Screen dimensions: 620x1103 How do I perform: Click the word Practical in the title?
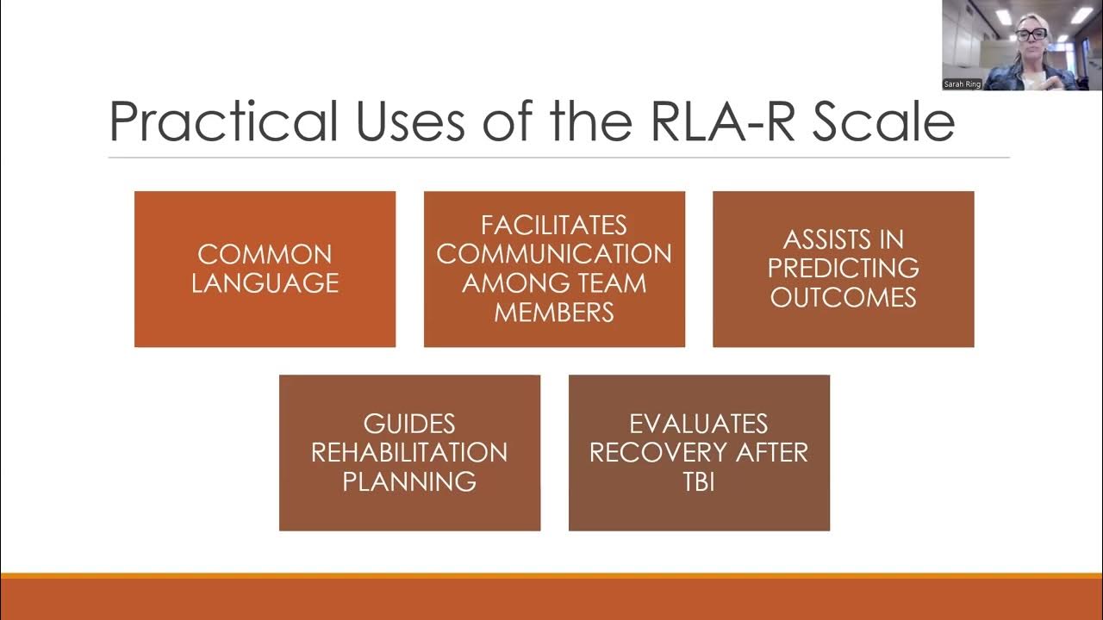point(222,121)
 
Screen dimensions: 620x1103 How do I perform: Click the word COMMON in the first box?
point(265,255)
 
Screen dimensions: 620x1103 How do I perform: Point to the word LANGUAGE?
point(265,283)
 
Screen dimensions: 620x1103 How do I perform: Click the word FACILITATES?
point(554,226)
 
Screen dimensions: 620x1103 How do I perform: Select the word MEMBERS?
point(554,312)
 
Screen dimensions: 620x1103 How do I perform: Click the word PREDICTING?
point(843,268)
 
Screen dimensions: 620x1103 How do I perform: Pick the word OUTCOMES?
point(843,297)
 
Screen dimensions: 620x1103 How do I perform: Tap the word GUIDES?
point(409,424)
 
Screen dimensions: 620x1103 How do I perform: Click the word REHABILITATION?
point(409,452)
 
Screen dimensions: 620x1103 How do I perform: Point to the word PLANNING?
point(409,481)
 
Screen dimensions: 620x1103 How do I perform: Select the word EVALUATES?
point(698,424)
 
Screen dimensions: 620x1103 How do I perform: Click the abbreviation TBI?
point(698,481)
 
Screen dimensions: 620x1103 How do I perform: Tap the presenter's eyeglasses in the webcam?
point(1031,34)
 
